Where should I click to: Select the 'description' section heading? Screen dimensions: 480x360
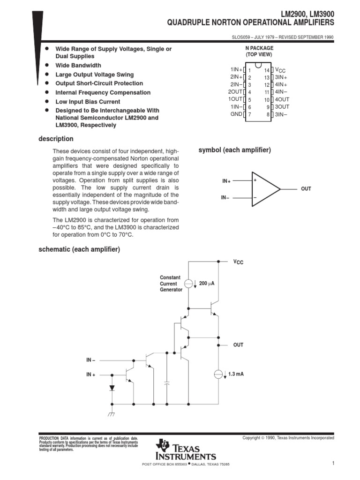coord(56,139)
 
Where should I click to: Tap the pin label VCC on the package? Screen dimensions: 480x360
coord(280,69)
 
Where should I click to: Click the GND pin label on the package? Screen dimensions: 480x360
coord(236,114)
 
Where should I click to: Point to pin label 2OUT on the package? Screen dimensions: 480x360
coord(235,92)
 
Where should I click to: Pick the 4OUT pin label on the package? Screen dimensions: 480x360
coord(282,99)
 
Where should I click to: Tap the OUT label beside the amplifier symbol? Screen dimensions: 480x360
coord(306,189)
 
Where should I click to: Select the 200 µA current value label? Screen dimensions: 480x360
coord(207,284)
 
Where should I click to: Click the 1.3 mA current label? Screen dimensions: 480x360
coord(236,374)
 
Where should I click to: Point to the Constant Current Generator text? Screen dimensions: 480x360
coord(171,284)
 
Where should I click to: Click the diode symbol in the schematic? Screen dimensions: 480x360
coord(112,388)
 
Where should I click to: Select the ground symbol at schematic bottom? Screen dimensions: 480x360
coord(112,414)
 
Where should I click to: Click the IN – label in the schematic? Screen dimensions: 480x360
coord(90,360)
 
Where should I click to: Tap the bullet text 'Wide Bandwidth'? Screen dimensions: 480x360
coord(78,66)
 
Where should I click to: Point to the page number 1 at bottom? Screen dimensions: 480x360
coord(332,464)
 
